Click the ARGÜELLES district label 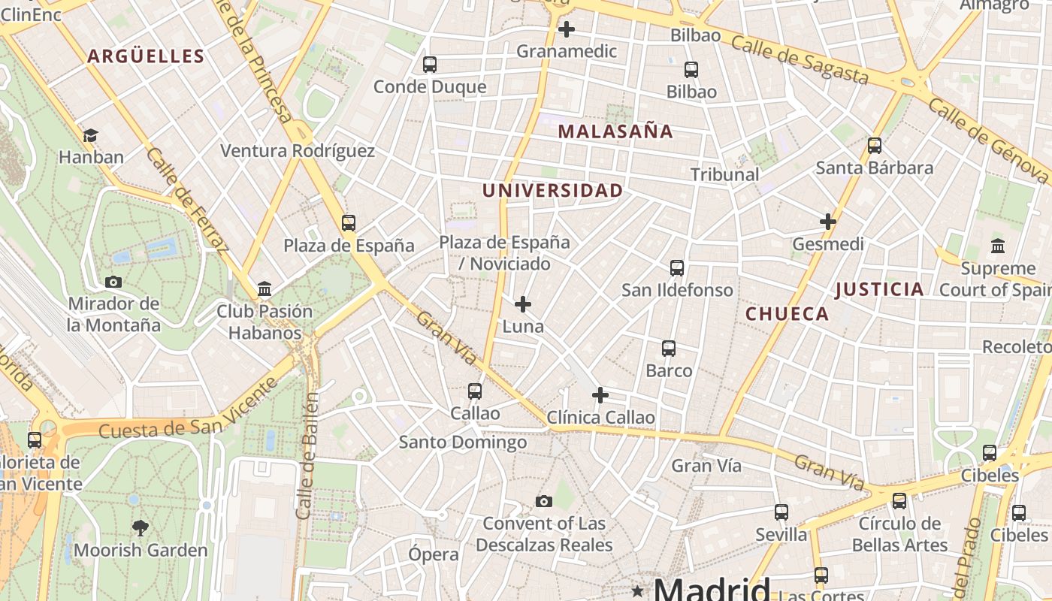click(x=146, y=56)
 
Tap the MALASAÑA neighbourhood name click(x=615, y=131)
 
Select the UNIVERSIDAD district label click(x=552, y=191)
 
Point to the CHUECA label click(x=787, y=314)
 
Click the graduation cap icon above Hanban click(x=90, y=135)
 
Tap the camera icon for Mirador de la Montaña click(x=113, y=282)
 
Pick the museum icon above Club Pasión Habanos click(x=265, y=288)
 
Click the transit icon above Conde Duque click(x=430, y=65)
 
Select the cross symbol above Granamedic click(x=567, y=29)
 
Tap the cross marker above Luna click(x=523, y=304)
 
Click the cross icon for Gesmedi click(x=828, y=222)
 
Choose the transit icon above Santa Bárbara click(x=875, y=146)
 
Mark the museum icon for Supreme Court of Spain click(x=998, y=246)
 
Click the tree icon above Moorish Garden click(x=141, y=527)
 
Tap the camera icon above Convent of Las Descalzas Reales click(x=544, y=501)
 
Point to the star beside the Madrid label click(x=638, y=590)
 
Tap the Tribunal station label click(x=725, y=174)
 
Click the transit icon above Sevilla click(x=781, y=512)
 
